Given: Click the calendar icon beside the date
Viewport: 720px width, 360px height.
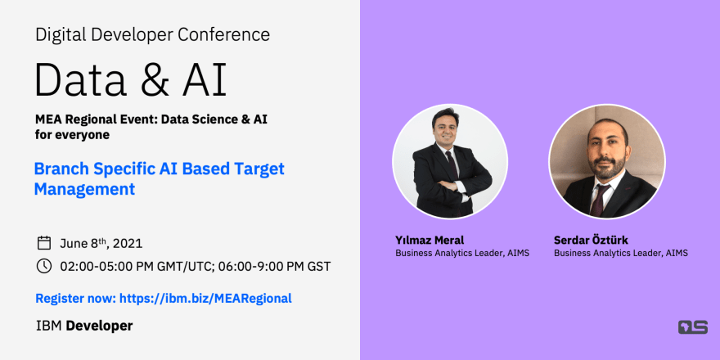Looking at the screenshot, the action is point(44,243).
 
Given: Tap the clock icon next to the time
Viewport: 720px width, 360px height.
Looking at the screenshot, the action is point(44,266).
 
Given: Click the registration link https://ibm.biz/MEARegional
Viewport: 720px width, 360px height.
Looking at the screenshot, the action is point(205,299).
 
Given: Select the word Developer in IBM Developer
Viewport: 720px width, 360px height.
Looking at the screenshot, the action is point(99,326).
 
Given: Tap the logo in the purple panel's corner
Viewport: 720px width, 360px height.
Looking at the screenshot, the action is point(693,327).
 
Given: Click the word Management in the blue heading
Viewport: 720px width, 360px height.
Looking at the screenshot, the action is point(84,189).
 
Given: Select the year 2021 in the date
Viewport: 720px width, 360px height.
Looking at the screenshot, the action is point(128,243).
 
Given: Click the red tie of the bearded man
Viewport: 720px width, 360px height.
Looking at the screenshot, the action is point(599,200).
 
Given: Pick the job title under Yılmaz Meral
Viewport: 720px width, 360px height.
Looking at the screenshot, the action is point(462,253).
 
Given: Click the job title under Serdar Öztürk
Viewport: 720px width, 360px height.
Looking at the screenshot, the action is point(621,253).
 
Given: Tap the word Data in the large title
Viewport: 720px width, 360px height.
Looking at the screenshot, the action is point(81,79).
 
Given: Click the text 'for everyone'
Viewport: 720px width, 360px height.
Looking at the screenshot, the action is point(73,136).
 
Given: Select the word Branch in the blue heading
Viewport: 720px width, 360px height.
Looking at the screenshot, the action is point(62,169).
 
